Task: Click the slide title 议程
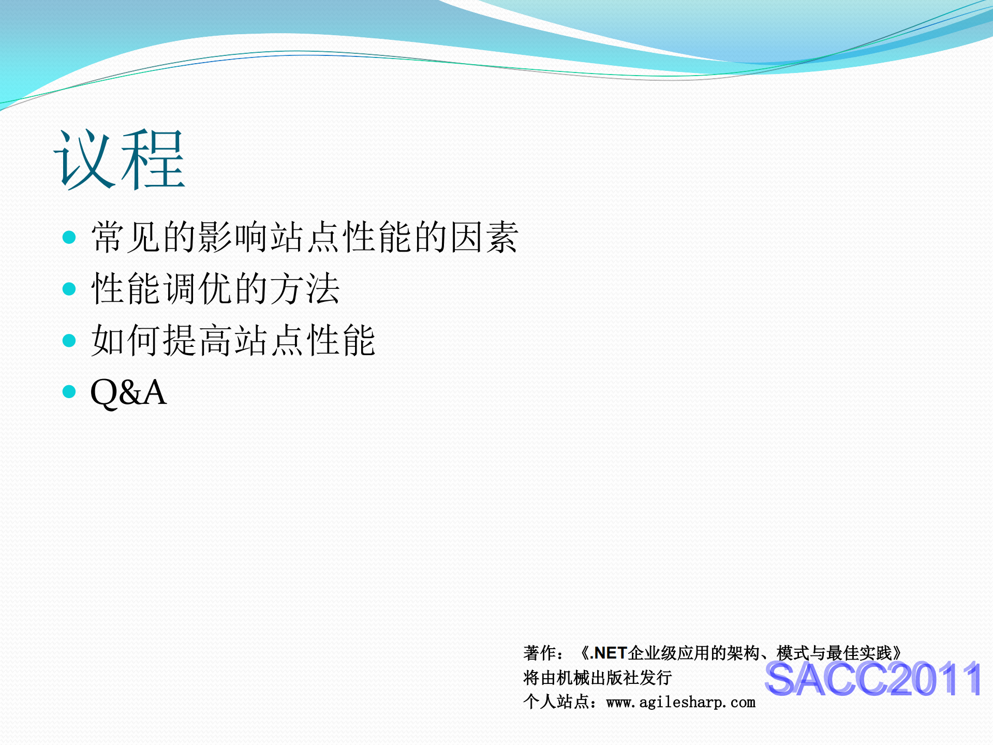119,159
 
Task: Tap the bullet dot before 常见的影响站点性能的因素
69,238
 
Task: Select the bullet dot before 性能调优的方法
69,288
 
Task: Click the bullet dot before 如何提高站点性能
69,340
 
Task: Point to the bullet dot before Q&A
69,391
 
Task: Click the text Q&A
128,392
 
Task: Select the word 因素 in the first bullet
484,237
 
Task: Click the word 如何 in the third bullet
126,340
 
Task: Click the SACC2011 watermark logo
873,679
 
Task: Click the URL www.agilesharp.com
680,703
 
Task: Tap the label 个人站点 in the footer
556,703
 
